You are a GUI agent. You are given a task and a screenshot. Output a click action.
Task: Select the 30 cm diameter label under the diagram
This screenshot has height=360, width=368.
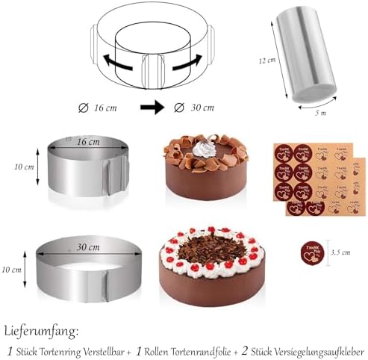pyautogui.click(x=195, y=107)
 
